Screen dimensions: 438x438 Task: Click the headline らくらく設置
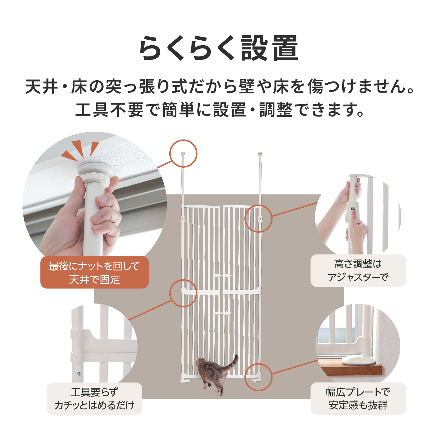point(219,48)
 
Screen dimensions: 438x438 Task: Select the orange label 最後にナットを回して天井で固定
point(95,272)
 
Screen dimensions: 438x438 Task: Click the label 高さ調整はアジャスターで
point(358,270)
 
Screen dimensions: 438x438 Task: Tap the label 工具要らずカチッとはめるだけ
point(95,399)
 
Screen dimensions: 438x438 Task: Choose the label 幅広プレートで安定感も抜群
point(358,399)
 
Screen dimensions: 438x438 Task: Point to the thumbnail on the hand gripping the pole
point(102,200)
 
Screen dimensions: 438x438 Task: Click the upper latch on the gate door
point(223,275)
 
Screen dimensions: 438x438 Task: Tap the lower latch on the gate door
point(223,313)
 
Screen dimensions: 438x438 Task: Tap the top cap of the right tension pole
point(260,153)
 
